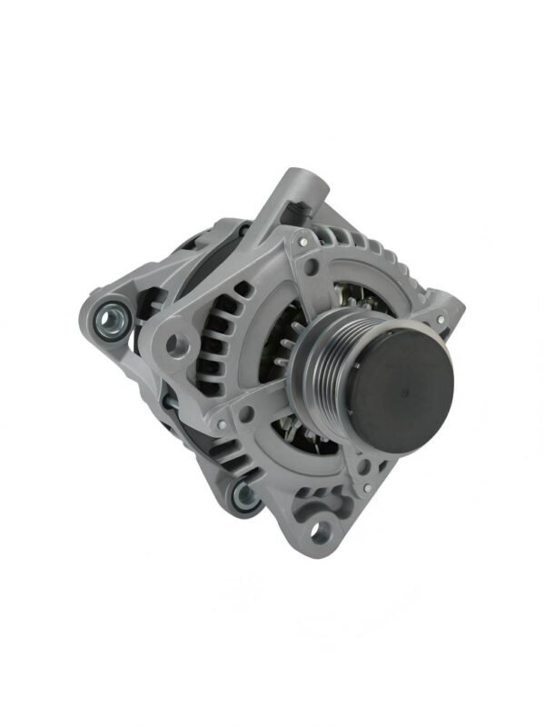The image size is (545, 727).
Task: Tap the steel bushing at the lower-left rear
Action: click(x=243, y=494)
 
